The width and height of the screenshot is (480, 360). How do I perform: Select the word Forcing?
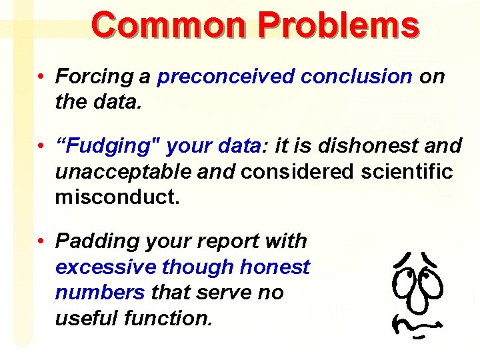[x=94, y=77]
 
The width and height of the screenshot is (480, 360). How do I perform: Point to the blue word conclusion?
[x=356, y=77]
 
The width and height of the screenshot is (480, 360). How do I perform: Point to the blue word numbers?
[x=100, y=293]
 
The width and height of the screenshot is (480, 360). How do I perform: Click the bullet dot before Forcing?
[x=41, y=77]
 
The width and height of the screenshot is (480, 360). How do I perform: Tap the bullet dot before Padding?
[x=41, y=241]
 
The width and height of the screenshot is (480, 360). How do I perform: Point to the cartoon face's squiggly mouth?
[x=417, y=325]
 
